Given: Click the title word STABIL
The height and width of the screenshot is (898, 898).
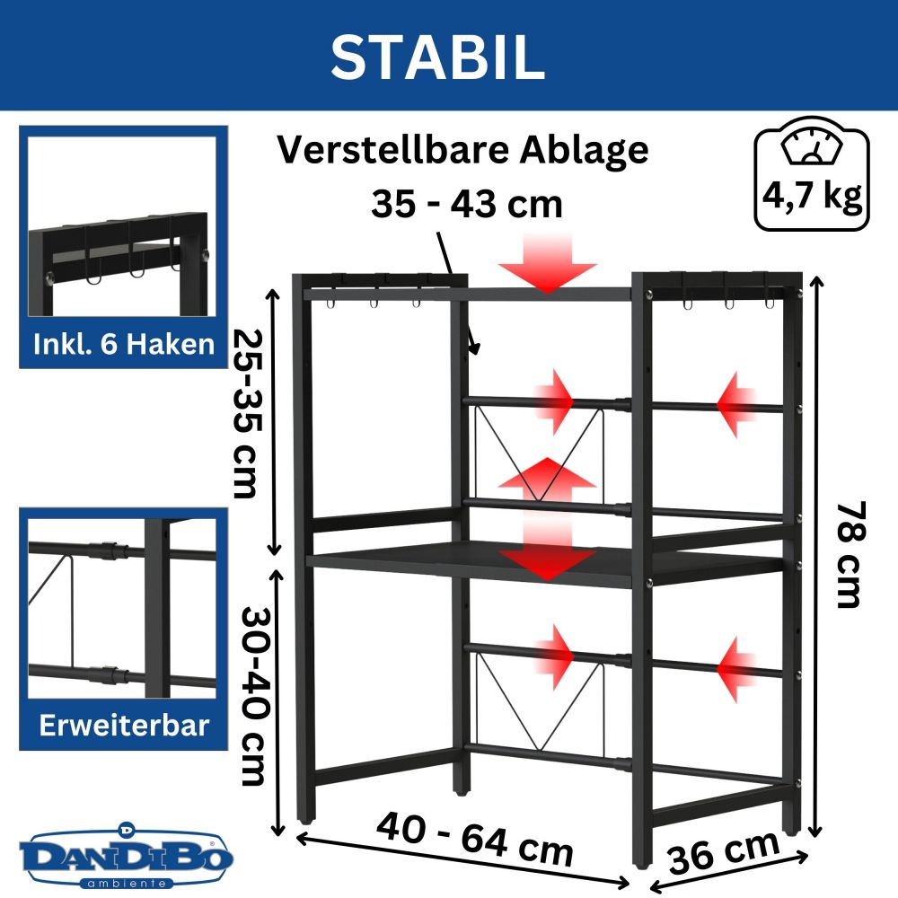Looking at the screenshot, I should pyautogui.click(x=437, y=56).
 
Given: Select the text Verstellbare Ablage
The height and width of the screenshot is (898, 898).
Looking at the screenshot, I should pyautogui.click(x=462, y=150).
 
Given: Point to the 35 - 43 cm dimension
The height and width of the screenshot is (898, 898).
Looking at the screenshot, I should pyautogui.click(x=466, y=204).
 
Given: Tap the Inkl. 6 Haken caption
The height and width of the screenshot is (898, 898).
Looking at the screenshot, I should pyautogui.click(x=123, y=344).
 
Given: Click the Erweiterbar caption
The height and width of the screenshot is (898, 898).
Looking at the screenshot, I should pyautogui.click(x=123, y=726).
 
